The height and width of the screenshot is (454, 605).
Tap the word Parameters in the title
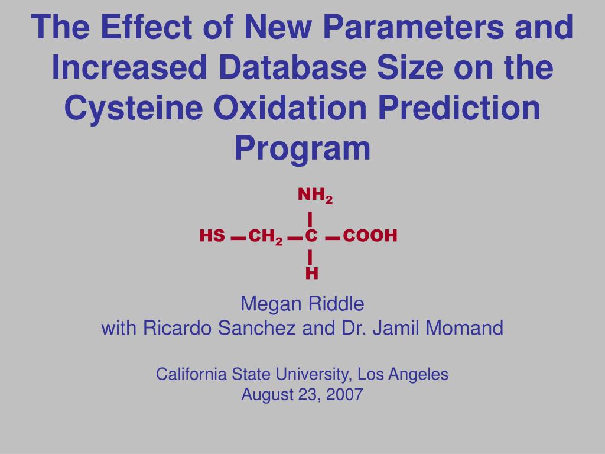point(413,27)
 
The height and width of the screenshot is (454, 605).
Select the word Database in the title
point(292,67)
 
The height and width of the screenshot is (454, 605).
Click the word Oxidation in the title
point(290,108)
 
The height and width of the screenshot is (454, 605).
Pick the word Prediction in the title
point(459,108)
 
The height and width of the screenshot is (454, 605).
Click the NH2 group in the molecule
point(315,195)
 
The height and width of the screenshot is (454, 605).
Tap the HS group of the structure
point(212,235)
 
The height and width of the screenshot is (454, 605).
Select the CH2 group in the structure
point(265,236)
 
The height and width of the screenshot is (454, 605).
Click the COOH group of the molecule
point(370,235)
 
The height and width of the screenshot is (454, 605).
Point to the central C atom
point(311,235)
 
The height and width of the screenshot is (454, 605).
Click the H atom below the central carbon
point(312,273)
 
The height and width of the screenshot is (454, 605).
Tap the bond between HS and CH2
point(238,239)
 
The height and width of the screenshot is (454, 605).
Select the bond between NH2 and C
point(310,219)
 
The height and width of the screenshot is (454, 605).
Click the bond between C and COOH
point(333,239)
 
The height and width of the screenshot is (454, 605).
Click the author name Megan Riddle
point(302,304)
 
